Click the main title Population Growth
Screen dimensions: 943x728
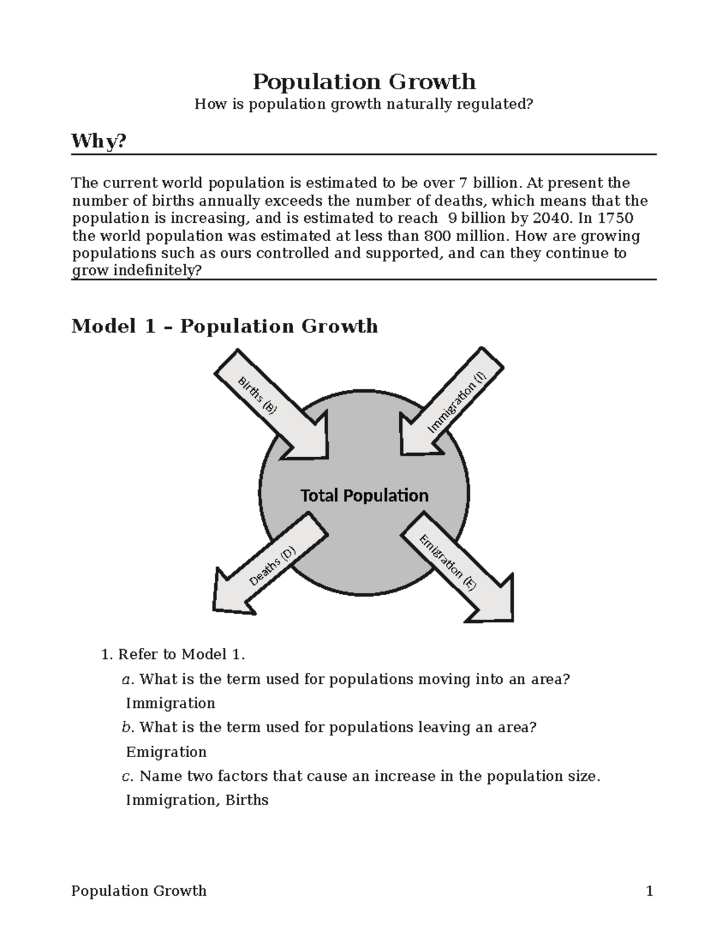click(x=364, y=81)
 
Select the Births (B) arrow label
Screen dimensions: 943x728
click(x=257, y=395)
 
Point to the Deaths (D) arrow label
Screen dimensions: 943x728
click(x=272, y=566)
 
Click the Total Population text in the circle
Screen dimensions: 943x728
click(x=365, y=495)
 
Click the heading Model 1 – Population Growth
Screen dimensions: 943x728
click(x=224, y=326)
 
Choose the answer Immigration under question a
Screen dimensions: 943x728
click(x=170, y=703)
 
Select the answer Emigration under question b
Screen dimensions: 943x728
click(x=166, y=752)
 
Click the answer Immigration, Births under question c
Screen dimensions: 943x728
click(x=197, y=800)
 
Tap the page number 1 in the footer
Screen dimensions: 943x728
click(x=649, y=891)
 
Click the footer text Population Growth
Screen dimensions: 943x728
click(x=139, y=891)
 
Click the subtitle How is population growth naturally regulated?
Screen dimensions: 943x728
click(x=363, y=104)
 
